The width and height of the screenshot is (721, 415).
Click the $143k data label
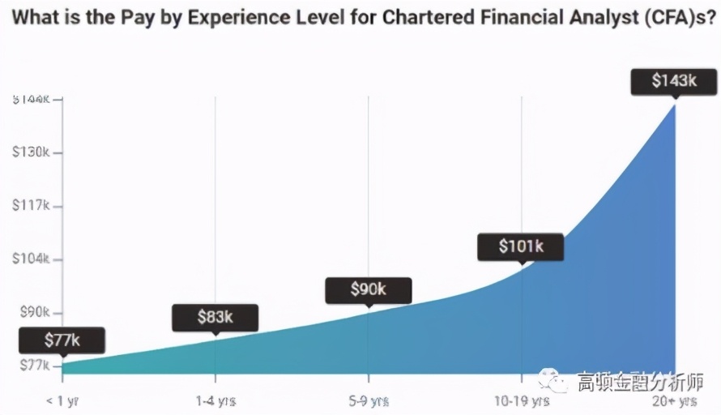coord(674,81)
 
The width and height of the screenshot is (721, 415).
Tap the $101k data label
coord(520,246)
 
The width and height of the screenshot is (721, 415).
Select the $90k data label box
coord(368,289)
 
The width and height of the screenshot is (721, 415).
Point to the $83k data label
coord(215,317)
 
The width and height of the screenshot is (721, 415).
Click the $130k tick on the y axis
coord(31,152)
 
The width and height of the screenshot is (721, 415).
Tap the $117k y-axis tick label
coord(31,206)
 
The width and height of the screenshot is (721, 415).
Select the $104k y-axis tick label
coord(31,259)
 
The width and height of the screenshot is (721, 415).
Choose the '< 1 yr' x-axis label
coord(62,401)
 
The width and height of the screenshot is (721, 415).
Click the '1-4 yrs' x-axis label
coord(215,401)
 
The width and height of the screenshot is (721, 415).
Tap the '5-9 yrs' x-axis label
coord(369,401)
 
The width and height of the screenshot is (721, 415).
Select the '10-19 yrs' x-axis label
coord(522,401)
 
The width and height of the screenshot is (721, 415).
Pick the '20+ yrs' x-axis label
coord(675,401)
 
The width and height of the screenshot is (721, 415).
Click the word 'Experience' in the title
coord(233,19)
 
